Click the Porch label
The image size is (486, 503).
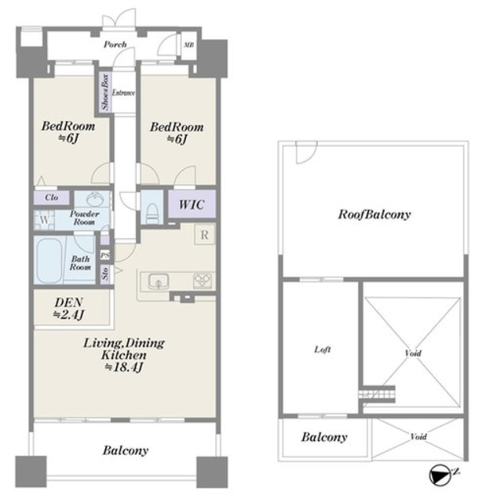tap(115, 44)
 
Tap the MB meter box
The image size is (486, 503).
tap(188, 46)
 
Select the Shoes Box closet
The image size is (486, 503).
tap(104, 92)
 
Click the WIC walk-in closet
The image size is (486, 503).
tap(192, 204)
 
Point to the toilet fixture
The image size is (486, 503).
tap(152, 212)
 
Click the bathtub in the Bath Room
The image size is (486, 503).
tap(49, 260)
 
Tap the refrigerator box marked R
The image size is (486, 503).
tap(204, 235)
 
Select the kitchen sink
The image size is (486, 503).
tap(159, 281)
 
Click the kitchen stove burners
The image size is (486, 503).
tap(202, 281)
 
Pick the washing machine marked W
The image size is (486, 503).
tap(44, 220)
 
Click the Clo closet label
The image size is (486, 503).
tap(52, 197)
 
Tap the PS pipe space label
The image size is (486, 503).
tap(105, 255)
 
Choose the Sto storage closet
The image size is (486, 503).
tap(105, 274)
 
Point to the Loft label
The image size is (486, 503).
tap(322, 349)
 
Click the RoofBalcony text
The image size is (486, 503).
tap(375, 215)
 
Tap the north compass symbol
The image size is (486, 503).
tap(440, 475)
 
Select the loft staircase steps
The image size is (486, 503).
tap(377, 394)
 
